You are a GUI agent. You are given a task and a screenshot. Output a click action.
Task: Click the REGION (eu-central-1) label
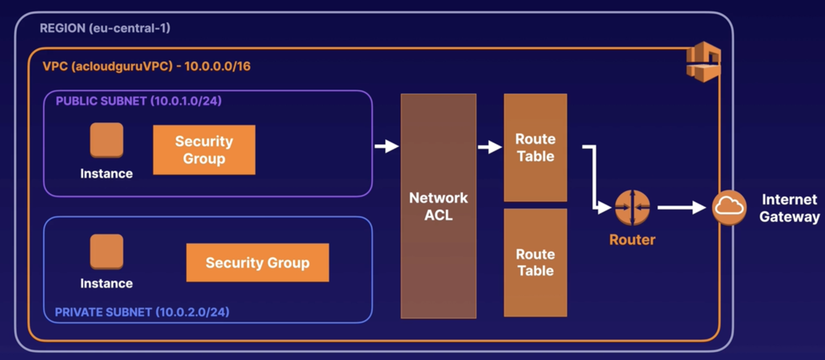(x=105, y=28)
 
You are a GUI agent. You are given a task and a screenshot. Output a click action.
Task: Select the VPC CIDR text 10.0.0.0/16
(x=217, y=66)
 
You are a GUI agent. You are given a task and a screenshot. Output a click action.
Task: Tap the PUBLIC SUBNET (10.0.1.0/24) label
(x=139, y=101)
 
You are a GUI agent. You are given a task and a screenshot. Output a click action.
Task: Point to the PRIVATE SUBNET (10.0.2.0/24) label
(x=142, y=312)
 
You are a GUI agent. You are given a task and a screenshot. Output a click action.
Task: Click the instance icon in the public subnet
(x=106, y=140)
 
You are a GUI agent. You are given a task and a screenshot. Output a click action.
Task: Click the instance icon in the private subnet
(x=106, y=251)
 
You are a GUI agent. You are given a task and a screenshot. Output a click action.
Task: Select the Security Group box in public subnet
(x=204, y=150)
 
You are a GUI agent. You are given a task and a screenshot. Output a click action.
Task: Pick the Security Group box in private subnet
(x=257, y=263)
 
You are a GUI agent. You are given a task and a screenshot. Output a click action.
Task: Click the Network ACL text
(x=438, y=207)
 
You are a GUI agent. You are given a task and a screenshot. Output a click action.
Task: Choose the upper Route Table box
(x=535, y=147)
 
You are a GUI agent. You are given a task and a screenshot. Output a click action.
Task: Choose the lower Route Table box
(x=535, y=263)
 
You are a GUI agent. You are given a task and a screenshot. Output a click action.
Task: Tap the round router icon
(x=633, y=207)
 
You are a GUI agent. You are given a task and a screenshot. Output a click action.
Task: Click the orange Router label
(x=633, y=240)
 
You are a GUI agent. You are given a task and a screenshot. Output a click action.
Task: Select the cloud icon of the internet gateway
(x=729, y=207)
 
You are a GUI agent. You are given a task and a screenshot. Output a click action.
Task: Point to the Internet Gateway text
(x=790, y=208)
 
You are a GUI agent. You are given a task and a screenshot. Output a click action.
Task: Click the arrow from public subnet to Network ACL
(x=387, y=146)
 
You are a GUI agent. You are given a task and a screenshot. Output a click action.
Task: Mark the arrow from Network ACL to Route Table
(x=490, y=147)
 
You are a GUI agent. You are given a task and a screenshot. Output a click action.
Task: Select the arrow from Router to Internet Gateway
(x=682, y=207)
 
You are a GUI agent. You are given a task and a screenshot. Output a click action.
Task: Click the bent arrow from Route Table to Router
(x=594, y=177)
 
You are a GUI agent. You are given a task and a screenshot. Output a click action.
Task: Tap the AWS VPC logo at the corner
(x=703, y=62)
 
